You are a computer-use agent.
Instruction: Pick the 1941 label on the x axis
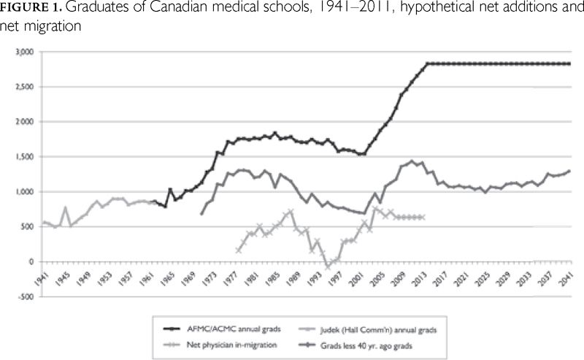(42, 279)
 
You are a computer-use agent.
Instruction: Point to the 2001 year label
(359, 279)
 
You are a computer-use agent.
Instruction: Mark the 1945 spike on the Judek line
(66, 208)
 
